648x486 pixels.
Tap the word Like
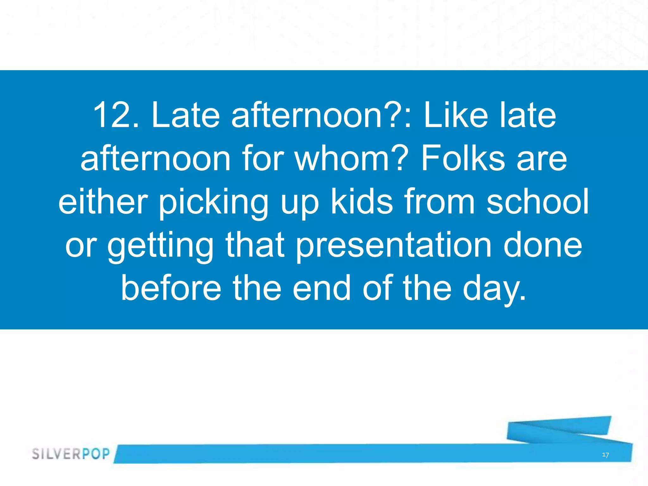[456, 115]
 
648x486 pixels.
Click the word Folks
[462, 159]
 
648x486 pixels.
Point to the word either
[103, 202]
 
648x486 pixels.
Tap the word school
[538, 202]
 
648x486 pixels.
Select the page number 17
[605, 455]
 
